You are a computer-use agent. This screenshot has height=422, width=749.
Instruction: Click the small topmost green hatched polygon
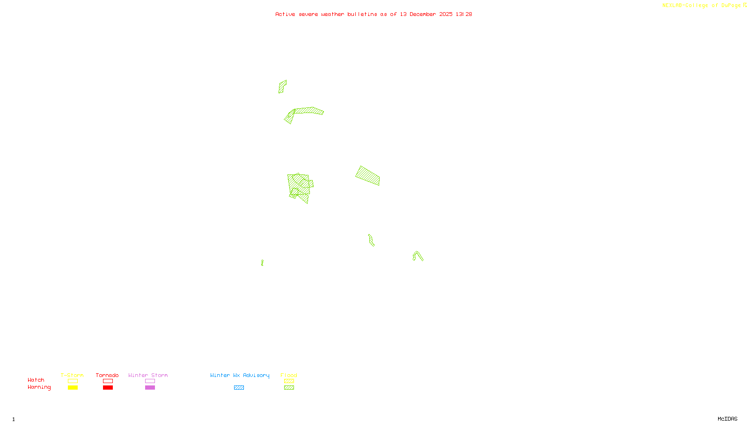282,86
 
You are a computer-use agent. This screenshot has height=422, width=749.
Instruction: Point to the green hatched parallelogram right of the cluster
368,176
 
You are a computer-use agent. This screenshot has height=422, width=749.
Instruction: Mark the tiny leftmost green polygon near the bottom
262,263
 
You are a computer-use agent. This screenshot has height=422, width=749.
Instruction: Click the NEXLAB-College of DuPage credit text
701,5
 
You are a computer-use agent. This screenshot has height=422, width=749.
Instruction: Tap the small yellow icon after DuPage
745,5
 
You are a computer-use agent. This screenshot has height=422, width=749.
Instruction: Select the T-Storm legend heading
72,375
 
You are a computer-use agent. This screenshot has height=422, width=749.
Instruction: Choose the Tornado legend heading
107,375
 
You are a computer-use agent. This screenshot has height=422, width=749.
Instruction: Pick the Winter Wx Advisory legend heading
240,375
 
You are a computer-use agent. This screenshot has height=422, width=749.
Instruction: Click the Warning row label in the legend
39,387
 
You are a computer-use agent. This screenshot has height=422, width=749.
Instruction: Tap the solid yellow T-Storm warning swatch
73,388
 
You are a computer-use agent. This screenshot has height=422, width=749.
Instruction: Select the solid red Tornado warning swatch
108,388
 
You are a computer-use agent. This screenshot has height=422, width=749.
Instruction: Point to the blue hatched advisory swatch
239,388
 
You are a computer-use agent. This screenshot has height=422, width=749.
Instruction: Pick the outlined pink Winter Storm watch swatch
150,381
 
